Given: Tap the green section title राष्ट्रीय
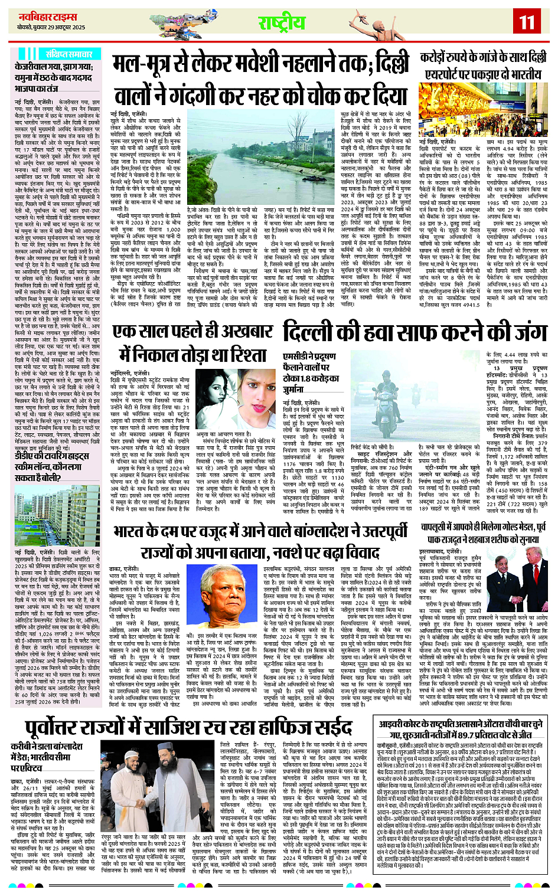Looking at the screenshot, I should click(282, 23).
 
